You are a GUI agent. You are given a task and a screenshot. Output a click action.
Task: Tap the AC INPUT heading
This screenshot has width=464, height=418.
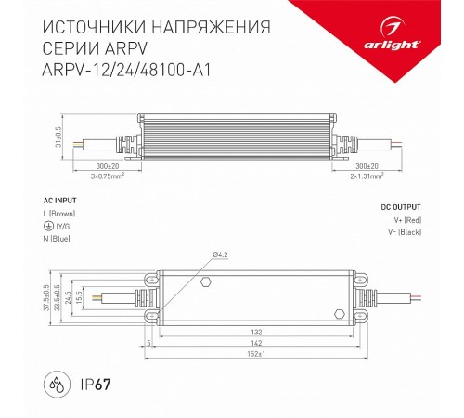pos(61,201)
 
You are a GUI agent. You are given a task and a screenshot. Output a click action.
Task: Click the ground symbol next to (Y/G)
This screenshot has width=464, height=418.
pos(48,226)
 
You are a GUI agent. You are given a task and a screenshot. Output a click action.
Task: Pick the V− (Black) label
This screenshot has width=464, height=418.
pos(402,232)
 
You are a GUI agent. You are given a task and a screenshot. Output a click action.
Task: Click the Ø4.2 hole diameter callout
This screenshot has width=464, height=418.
pos(220,255)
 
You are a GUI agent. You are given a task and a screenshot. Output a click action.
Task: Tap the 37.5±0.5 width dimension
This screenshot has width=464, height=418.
pos(45,298)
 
